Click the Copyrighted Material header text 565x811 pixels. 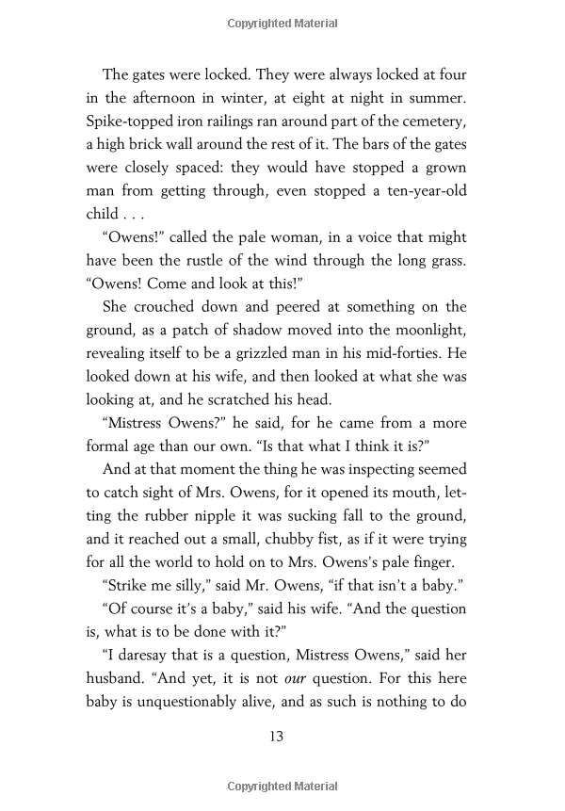click(x=282, y=22)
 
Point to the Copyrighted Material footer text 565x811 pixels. click(x=282, y=786)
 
